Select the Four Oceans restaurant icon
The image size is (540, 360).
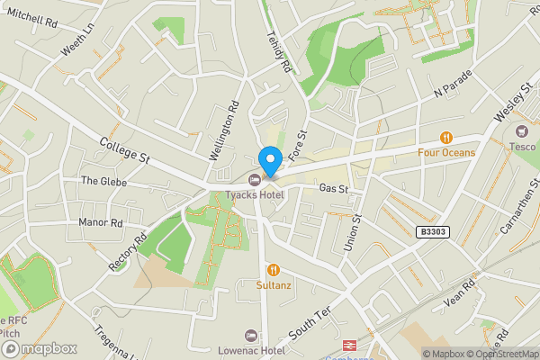(445, 138)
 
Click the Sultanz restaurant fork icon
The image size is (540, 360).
(273, 269)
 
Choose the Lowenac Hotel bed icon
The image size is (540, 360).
(251, 334)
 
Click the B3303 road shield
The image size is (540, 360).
(433, 232)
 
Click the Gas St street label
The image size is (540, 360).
(333, 189)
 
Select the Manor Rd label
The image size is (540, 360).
(101, 222)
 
